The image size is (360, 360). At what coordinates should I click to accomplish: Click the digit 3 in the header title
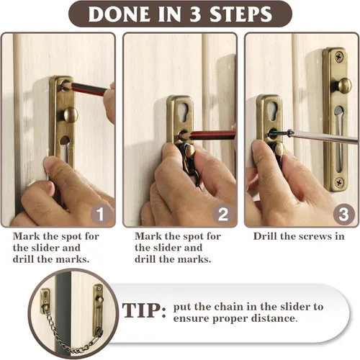pos(195,14)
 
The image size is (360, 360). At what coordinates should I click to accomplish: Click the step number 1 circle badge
pos(101,215)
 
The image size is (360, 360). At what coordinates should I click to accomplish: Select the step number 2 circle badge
pos(223,215)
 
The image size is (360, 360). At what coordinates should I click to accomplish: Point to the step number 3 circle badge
pos(344,215)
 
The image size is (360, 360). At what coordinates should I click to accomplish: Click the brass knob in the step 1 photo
pos(70,114)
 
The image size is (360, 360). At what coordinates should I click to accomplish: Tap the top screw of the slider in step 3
pos(339,58)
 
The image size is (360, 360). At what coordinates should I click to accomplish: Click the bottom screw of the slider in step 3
pos(339,182)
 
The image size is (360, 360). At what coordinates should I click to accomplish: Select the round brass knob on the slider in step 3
pos(343,86)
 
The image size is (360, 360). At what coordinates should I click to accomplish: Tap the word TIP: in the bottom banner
pos(144,310)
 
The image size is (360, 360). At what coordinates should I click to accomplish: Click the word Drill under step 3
pos(266,236)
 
